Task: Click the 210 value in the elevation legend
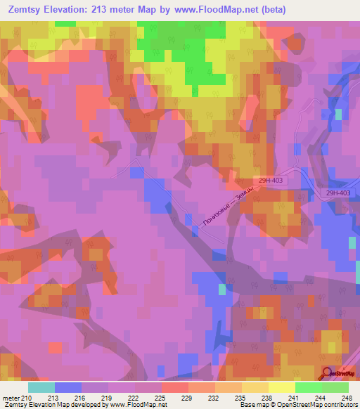[27, 397]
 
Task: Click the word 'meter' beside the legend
[11, 397]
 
